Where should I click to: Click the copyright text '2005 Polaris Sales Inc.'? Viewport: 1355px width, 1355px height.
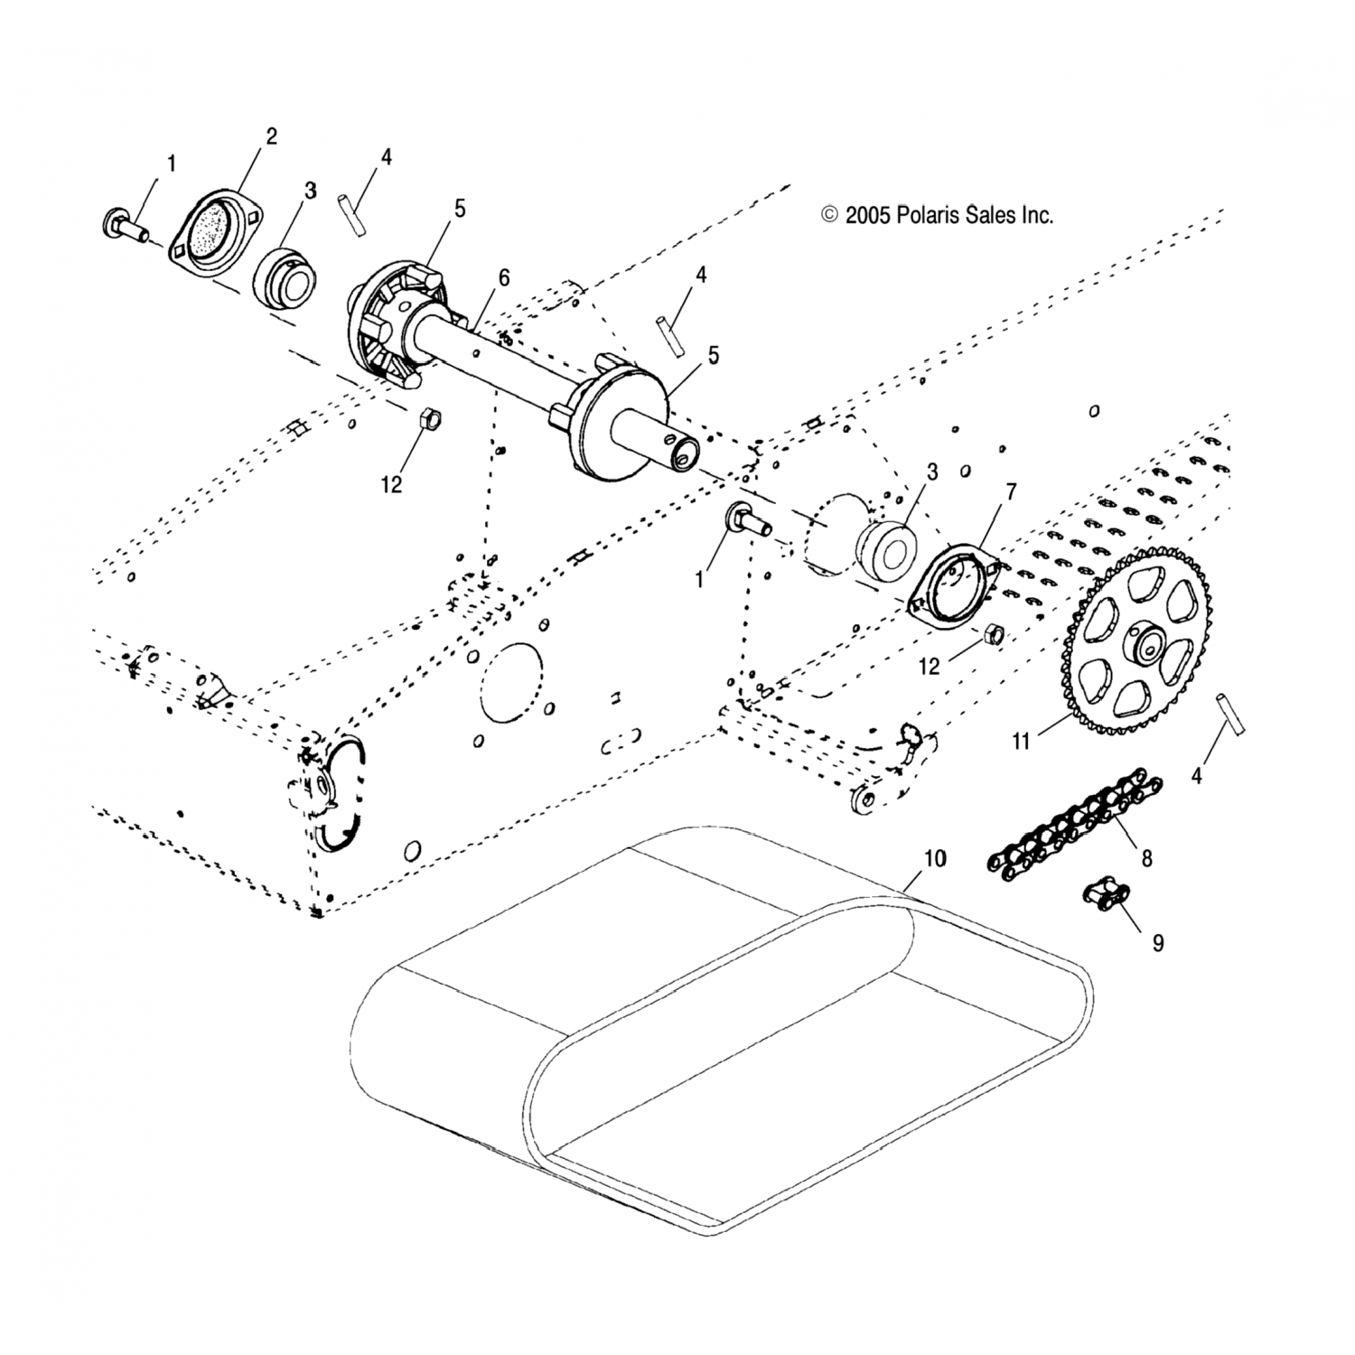pos(937,215)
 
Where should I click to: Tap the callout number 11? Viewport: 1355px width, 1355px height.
pos(1021,742)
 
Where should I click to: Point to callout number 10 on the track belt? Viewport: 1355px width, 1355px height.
pos(935,858)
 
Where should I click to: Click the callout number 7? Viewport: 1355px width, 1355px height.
pos(1011,492)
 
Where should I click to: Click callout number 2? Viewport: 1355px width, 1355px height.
pos(270,136)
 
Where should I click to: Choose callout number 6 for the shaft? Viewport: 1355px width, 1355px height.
pos(503,277)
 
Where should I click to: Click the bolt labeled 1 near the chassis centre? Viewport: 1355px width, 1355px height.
pos(746,520)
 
